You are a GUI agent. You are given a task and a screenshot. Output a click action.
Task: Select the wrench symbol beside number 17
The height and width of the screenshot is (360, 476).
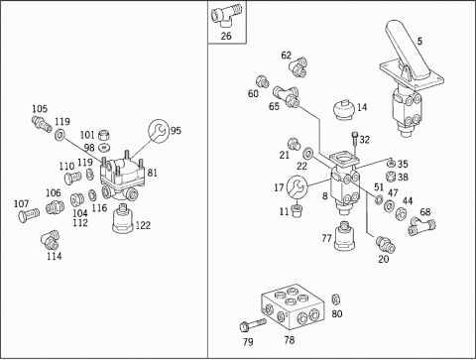click(x=297, y=187)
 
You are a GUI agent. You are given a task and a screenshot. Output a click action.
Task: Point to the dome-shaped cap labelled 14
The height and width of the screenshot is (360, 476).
click(x=343, y=109)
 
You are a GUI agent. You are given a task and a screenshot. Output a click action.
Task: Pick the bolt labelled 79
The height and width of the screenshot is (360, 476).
click(x=253, y=324)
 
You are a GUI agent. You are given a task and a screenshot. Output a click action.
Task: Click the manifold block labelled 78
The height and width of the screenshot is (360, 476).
click(x=294, y=306)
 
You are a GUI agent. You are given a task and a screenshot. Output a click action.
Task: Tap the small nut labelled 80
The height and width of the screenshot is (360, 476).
click(x=335, y=300)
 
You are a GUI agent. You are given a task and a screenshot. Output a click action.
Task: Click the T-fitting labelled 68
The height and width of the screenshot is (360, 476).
click(x=421, y=226)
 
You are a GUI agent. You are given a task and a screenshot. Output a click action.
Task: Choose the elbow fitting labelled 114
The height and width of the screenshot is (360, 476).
click(x=51, y=240)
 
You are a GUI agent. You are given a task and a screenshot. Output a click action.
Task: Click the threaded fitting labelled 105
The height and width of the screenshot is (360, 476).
click(x=42, y=123)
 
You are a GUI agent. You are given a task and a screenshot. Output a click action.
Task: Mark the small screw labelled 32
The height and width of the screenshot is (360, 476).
click(x=354, y=142)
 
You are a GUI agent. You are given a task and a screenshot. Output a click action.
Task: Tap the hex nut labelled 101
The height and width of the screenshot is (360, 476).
click(x=104, y=135)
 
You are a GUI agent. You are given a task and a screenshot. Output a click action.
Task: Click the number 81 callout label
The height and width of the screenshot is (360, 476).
click(x=152, y=173)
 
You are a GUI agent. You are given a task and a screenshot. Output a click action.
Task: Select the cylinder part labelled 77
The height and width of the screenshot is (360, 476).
click(x=345, y=235)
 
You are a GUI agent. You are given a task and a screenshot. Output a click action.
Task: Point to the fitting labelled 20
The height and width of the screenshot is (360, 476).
click(x=386, y=245)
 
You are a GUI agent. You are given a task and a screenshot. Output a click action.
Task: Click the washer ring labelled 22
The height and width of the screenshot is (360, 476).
click(x=308, y=154)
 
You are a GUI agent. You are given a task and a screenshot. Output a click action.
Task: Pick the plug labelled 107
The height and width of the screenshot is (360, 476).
click(x=29, y=215)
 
